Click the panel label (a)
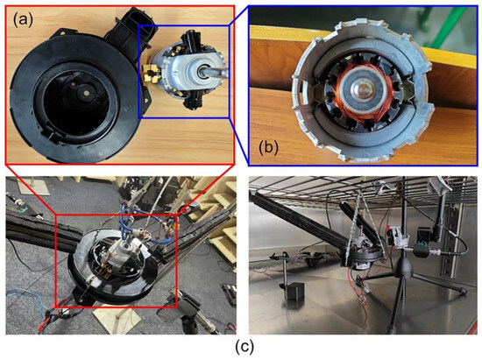pyautogui.click(x=23, y=20)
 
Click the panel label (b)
pyautogui.click(x=268, y=148)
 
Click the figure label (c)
pyautogui.click(x=245, y=347)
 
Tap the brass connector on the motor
pyautogui.click(x=151, y=74)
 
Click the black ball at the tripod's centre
pyautogui.click(x=403, y=265)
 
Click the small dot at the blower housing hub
pyautogui.click(x=87, y=93)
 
